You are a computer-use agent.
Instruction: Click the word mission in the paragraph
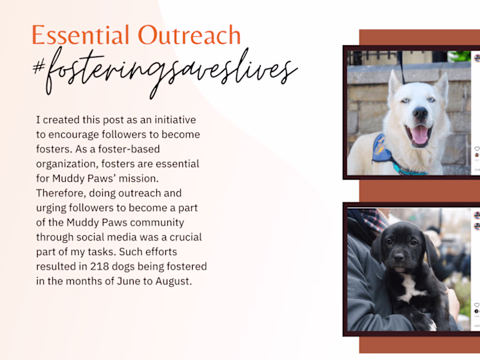pos(180,178)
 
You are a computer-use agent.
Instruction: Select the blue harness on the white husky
pos(383,153)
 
